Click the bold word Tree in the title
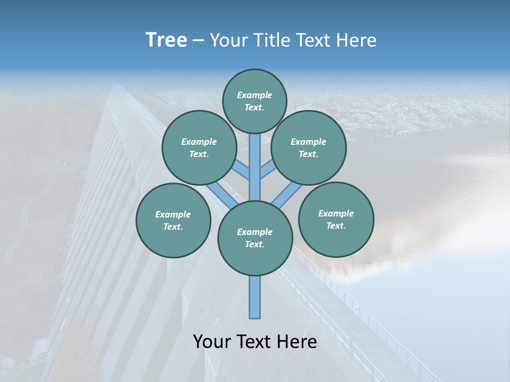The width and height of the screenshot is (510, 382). pos(166,40)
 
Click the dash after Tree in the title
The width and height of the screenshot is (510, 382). pos(198,40)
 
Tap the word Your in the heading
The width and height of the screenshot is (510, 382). pos(227,40)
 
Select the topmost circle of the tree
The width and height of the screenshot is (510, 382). pos(254,101)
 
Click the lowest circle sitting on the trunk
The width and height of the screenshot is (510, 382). pos(255,238)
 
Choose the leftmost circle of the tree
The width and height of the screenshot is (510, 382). pos(173,220)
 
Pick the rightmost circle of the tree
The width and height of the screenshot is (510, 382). pos(336,219)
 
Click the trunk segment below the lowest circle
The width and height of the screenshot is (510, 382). pos(255,297)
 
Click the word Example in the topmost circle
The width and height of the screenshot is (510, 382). pos(254,95)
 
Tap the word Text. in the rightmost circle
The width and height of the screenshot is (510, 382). pos(336,225)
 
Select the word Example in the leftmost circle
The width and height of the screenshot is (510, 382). pos(173,214)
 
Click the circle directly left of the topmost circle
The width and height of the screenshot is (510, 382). pos(199,147)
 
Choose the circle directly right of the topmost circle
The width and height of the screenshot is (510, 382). pos(309,147)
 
